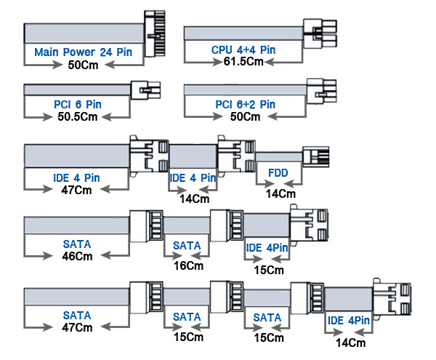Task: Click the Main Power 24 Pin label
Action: point(83,52)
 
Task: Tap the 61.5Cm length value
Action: point(243,62)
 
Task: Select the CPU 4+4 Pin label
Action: point(243,50)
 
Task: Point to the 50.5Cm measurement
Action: point(78,116)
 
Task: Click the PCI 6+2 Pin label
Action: point(246,105)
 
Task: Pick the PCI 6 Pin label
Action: point(78,105)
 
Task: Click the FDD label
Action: point(278,173)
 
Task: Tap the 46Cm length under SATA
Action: point(77,256)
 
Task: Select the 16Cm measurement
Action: point(188,265)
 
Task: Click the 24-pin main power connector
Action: point(155,34)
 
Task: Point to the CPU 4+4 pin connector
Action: point(320,33)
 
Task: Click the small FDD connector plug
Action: point(315,156)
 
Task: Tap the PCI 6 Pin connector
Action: point(146,90)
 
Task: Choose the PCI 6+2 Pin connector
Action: point(322,91)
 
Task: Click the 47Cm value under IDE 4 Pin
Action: point(76,191)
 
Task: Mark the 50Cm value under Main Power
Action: point(83,65)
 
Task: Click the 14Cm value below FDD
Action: point(280,194)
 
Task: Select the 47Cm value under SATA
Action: point(77,327)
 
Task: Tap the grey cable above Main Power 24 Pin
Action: point(84,33)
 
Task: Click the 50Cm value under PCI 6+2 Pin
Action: point(246,116)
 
